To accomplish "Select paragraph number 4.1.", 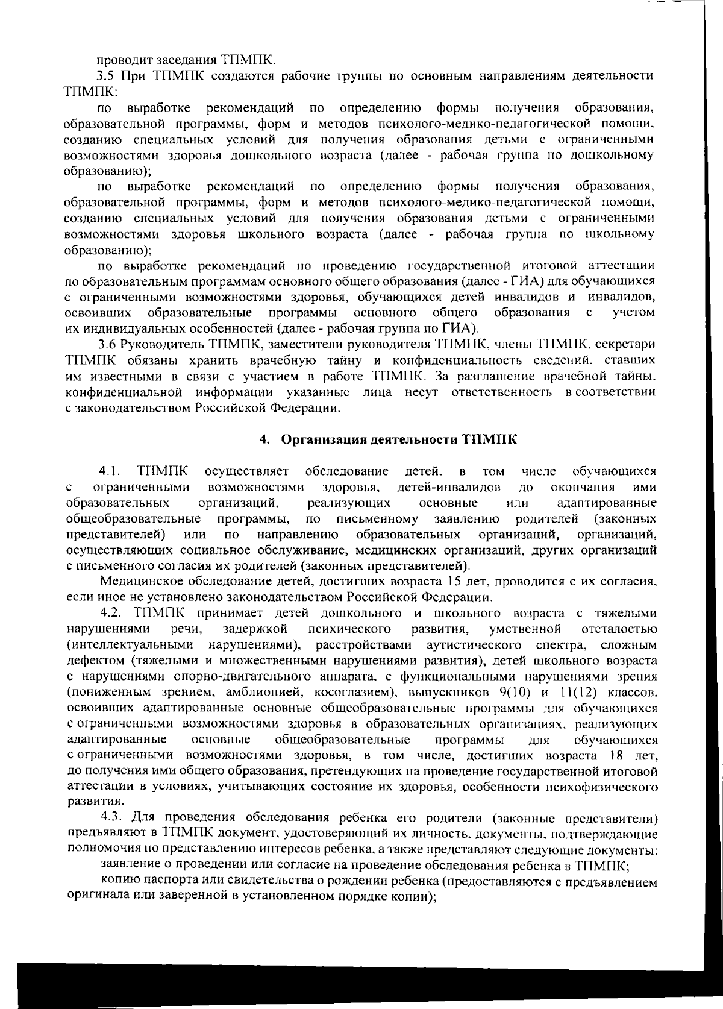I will coord(111,471).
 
